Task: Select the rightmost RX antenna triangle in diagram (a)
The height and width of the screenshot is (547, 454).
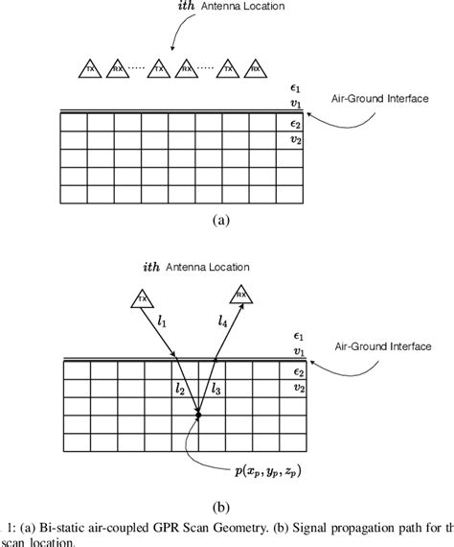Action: point(256,70)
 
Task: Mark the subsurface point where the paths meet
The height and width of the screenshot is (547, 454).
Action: point(199,414)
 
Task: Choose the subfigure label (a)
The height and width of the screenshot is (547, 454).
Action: point(220,220)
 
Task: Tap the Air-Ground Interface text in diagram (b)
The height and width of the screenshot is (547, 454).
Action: point(385,345)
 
